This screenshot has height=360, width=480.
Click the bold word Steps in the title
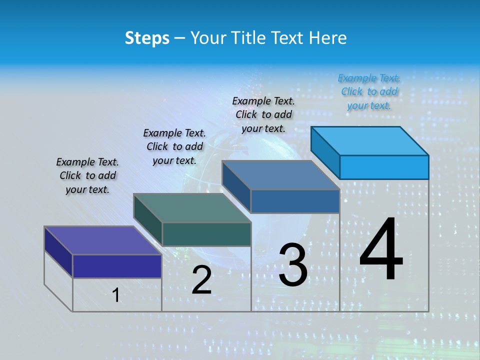point(147,38)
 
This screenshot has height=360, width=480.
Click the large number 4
point(381,249)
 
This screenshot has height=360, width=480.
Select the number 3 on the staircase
point(293,265)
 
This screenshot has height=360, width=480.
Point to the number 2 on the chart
point(201,280)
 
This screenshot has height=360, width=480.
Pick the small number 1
point(116,295)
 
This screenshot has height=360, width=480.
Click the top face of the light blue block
point(370,140)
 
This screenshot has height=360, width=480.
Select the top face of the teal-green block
point(192,207)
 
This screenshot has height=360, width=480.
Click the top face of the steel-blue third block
point(281,175)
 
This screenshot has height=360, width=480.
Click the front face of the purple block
point(117,266)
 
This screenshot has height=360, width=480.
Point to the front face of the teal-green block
point(206,234)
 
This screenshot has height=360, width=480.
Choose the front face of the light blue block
point(384,167)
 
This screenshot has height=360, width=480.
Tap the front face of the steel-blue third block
point(295,201)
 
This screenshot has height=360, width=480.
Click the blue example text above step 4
point(369,91)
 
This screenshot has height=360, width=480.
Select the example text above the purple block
point(87,175)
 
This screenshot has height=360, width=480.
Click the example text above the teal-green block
point(174,146)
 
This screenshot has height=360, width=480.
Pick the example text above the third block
point(263,114)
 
